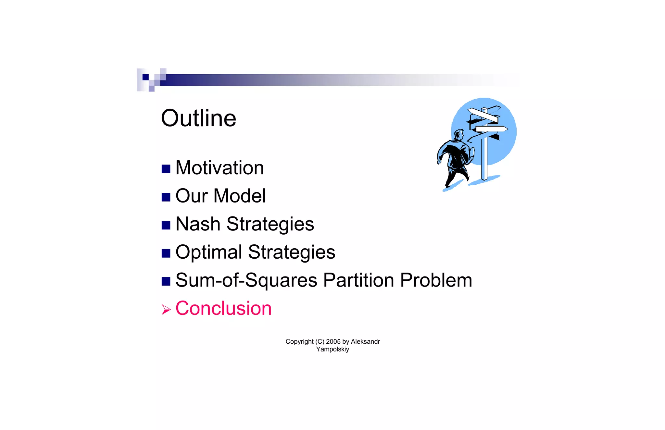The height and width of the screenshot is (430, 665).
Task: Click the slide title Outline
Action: tap(198, 118)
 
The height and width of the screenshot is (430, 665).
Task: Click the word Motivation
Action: tap(220, 168)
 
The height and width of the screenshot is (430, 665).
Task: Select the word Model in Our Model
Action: tap(240, 196)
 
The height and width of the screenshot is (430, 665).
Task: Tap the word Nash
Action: tap(198, 224)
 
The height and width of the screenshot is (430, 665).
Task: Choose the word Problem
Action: tap(436, 280)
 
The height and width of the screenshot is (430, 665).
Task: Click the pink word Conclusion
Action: tap(223, 308)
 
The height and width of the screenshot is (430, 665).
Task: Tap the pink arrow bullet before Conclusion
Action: tap(166, 310)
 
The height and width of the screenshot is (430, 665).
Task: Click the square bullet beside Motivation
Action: tap(166, 169)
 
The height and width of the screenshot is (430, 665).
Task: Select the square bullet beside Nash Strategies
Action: tap(166, 225)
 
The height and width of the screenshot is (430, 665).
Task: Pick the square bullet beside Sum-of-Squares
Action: tap(166, 281)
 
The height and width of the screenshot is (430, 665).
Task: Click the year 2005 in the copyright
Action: tap(333, 341)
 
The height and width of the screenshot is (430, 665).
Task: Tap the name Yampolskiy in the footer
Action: tap(332, 349)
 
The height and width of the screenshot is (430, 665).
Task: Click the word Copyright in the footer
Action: tap(299, 341)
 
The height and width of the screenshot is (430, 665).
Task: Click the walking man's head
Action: tap(459, 134)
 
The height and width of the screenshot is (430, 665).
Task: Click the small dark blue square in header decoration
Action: tap(145, 77)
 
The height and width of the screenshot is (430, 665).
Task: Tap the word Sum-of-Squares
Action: tap(246, 280)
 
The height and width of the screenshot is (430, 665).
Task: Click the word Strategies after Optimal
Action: tap(291, 252)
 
